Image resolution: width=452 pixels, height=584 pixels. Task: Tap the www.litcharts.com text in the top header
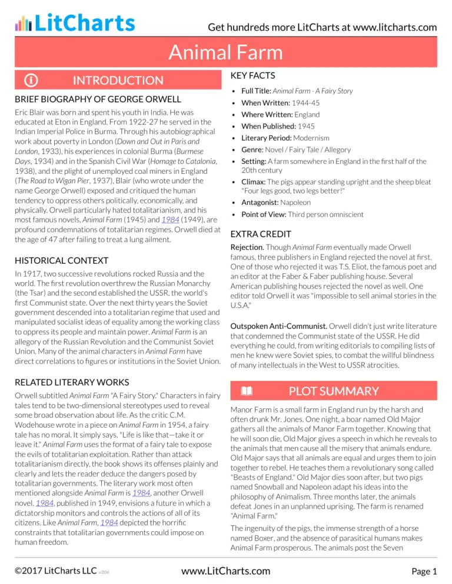pos(389,27)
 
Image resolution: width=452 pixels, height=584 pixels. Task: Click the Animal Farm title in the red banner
pos(226,53)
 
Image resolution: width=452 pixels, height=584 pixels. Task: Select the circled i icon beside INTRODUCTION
pos(28,80)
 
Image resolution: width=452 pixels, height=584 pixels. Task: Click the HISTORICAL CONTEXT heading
pos(62,260)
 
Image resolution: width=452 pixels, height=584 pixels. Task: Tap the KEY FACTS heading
pos(253,76)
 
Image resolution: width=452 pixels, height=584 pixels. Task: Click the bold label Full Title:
pos(256,91)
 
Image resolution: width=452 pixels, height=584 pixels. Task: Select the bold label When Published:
pos(268,126)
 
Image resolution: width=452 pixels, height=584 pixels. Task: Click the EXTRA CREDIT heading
pos(260,233)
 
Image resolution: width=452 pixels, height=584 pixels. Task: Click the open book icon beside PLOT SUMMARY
pos(246,391)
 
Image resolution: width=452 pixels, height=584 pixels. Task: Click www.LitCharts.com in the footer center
pos(226,570)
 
